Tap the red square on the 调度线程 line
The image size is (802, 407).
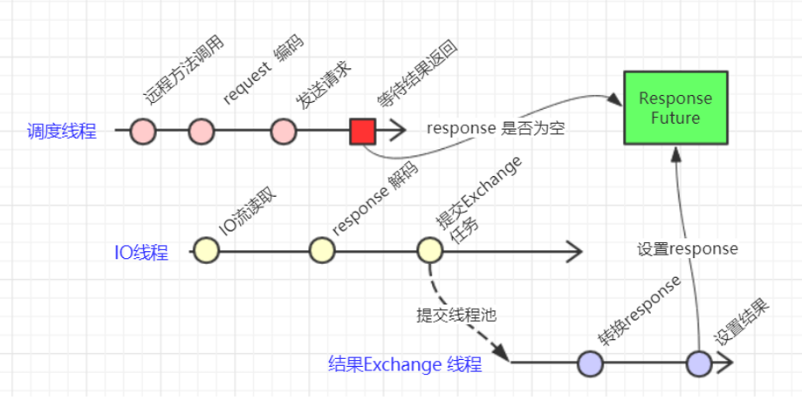[362, 132]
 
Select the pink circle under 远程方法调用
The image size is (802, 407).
[143, 132]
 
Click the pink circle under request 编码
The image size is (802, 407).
[202, 132]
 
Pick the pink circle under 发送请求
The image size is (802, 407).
[283, 132]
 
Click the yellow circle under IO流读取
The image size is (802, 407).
[207, 251]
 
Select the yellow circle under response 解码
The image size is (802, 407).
[322, 251]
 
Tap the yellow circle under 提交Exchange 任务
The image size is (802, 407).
[429, 251]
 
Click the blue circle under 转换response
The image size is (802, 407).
[591, 363]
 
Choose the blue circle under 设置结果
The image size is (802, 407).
[699, 363]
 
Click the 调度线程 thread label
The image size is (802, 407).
[61, 132]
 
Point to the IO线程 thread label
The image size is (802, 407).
[141, 253]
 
